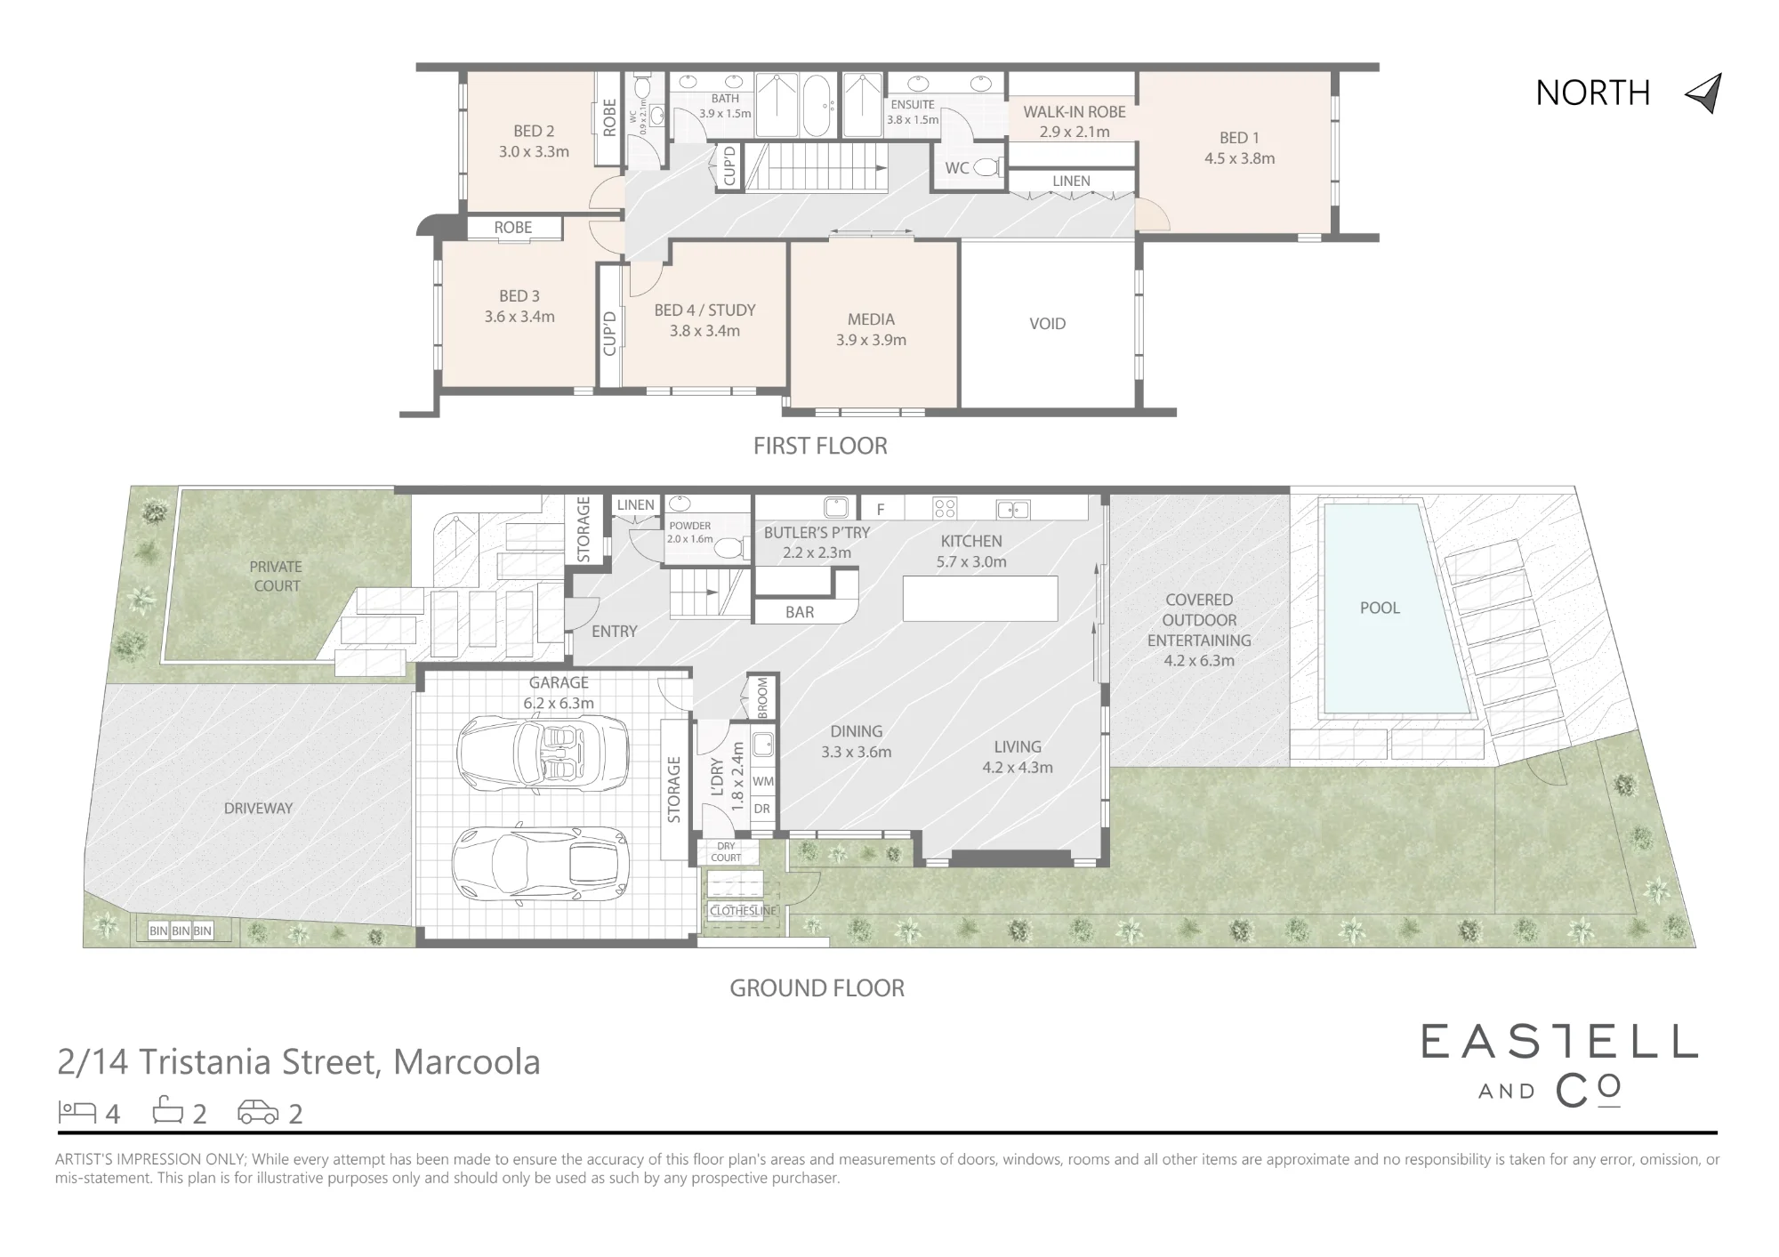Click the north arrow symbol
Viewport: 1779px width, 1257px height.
[x=1706, y=93]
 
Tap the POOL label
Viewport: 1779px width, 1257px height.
[x=1380, y=608]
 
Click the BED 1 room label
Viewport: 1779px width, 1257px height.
[x=1239, y=138]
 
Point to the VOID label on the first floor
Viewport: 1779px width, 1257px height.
[x=1047, y=324]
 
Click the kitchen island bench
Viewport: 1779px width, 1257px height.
[x=980, y=599]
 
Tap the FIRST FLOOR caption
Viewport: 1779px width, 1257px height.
[x=820, y=446]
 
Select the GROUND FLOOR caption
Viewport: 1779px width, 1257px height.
[x=817, y=988]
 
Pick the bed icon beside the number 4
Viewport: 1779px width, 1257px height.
[x=77, y=1111]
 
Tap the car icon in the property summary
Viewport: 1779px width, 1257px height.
[x=258, y=1112]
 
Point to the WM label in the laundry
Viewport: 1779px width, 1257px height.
[x=762, y=781]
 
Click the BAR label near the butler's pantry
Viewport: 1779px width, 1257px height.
[x=800, y=612]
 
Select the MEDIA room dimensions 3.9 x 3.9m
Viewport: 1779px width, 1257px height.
[x=871, y=340]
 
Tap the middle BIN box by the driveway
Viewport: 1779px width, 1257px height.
[x=181, y=931]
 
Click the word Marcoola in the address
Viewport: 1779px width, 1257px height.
[x=467, y=1062]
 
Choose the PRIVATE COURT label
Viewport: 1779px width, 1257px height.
[x=276, y=576]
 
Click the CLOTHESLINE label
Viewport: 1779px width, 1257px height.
[x=744, y=911]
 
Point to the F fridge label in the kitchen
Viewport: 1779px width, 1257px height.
[x=881, y=510]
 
